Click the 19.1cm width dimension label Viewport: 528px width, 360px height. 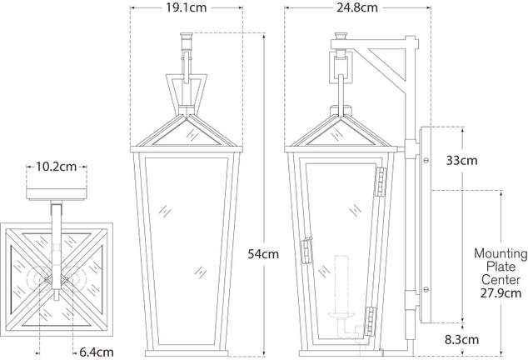click(x=187, y=7)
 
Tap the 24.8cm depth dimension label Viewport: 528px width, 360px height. click(x=357, y=7)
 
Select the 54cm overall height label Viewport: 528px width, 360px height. click(x=263, y=254)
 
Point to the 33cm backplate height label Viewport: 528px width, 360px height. click(x=461, y=161)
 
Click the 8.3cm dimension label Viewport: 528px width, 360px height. click(x=461, y=339)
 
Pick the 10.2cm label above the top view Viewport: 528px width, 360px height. click(x=57, y=167)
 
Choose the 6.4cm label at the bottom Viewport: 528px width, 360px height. click(x=97, y=352)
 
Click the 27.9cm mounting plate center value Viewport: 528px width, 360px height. click(x=501, y=293)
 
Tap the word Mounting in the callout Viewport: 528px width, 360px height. click(x=501, y=253)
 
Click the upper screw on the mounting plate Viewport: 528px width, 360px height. click(x=426, y=161)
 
